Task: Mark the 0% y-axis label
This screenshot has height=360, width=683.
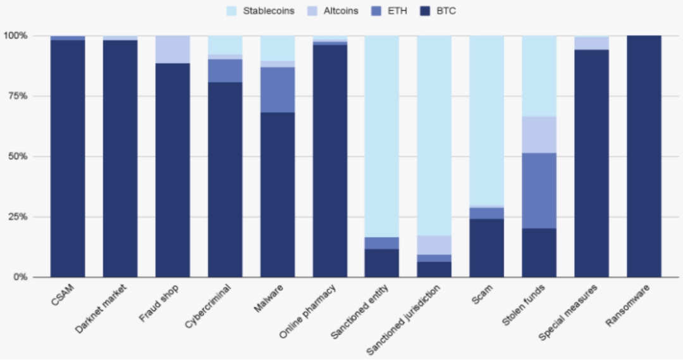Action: tap(18, 277)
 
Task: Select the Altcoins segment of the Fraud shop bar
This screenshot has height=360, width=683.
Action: tap(173, 49)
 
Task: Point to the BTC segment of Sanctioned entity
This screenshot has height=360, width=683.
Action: tap(382, 263)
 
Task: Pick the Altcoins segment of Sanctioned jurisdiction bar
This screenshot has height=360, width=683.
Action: tap(434, 245)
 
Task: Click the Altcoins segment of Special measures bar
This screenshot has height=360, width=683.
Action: tap(591, 43)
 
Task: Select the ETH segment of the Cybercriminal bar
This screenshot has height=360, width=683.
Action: tap(225, 70)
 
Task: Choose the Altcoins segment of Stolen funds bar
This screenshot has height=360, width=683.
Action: tap(539, 135)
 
